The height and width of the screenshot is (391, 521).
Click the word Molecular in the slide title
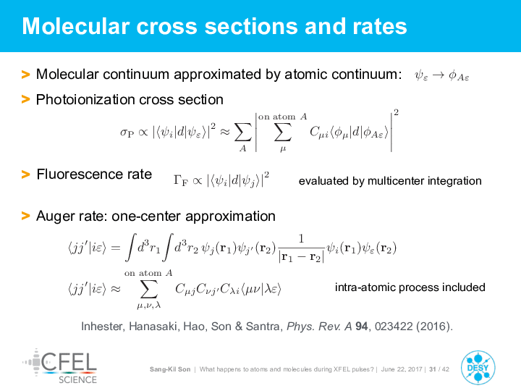(76, 26)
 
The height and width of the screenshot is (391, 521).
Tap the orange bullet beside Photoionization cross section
(25, 99)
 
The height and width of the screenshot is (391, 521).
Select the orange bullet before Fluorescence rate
(25, 174)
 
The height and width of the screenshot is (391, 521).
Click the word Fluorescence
(79, 175)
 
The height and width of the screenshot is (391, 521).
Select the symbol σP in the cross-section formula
(127, 133)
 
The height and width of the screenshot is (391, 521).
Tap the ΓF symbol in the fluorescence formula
(180, 180)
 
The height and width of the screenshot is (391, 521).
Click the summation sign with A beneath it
(243, 133)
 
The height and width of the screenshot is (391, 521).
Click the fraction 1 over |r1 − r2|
(301, 248)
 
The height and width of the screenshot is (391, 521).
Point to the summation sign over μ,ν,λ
(148, 289)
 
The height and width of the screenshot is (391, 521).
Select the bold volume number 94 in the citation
(362, 327)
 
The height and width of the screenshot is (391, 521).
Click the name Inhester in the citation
(103, 327)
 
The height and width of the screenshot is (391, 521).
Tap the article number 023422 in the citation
(394, 327)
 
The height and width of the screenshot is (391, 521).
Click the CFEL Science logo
(60, 366)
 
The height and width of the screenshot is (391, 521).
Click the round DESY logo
(478, 368)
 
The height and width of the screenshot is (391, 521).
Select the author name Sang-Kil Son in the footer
(170, 369)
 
